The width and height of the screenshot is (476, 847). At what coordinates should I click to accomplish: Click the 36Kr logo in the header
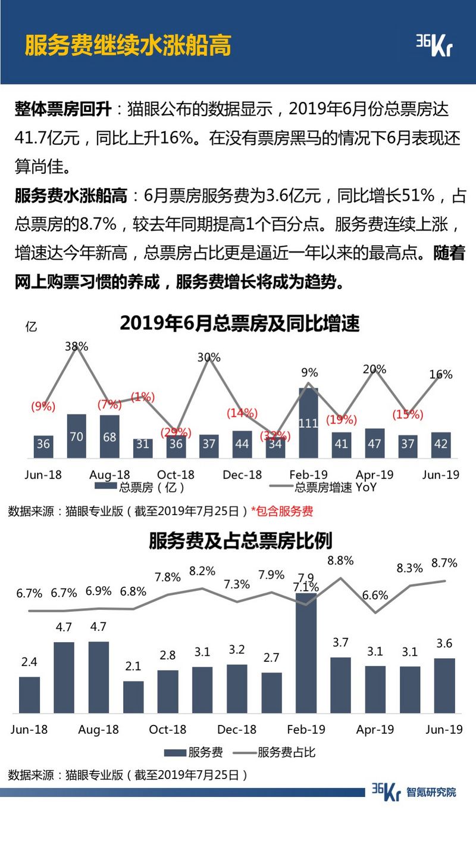pos(434,45)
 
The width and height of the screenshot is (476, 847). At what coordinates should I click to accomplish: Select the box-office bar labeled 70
pos(77,436)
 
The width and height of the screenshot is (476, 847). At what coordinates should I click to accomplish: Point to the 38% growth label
pos(76,346)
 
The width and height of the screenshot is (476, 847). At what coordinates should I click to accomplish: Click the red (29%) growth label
pos(176,432)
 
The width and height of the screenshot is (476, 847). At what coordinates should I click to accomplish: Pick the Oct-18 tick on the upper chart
pos(176,475)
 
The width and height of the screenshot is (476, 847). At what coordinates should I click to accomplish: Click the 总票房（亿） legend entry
pos(143,487)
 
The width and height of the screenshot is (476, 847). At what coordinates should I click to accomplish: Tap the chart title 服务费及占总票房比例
pos(240,541)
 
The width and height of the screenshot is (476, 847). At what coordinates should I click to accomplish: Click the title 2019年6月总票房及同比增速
pos(240,323)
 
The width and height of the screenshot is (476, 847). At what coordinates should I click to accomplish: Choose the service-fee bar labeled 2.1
pos(133,697)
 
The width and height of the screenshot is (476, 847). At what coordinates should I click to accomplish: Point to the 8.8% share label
pos(340,560)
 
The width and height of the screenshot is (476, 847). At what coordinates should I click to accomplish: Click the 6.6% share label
pos(375,595)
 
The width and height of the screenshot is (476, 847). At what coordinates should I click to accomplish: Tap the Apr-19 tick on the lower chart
pos(375,730)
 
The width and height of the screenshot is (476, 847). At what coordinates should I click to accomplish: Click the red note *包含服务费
pos(282,511)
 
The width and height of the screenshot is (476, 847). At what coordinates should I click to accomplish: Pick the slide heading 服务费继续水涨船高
pos(127,45)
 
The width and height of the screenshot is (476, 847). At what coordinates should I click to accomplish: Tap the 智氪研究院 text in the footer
pos(431,792)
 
